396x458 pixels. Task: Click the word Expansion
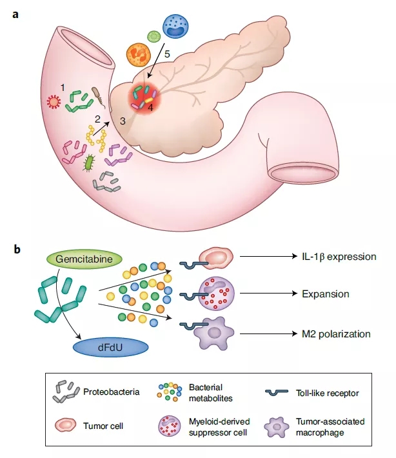(325, 294)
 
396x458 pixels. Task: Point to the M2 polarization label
(335, 334)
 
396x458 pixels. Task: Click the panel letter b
(15, 247)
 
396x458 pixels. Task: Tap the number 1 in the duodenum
(63, 86)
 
